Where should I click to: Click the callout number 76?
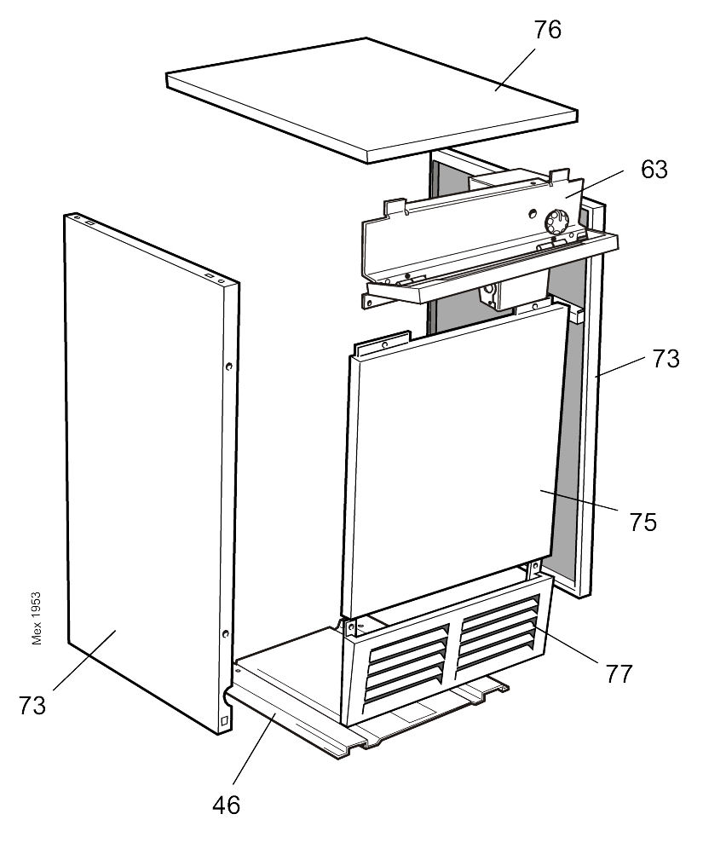click(548, 30)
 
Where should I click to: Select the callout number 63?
click(654, 170)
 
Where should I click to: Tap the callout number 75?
click(643, 522)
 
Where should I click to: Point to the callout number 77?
click(619, 673)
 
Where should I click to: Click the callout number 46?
click(227, 804)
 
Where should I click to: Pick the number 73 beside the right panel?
click(666, 359)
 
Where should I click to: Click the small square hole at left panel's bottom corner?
click(224, 721)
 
